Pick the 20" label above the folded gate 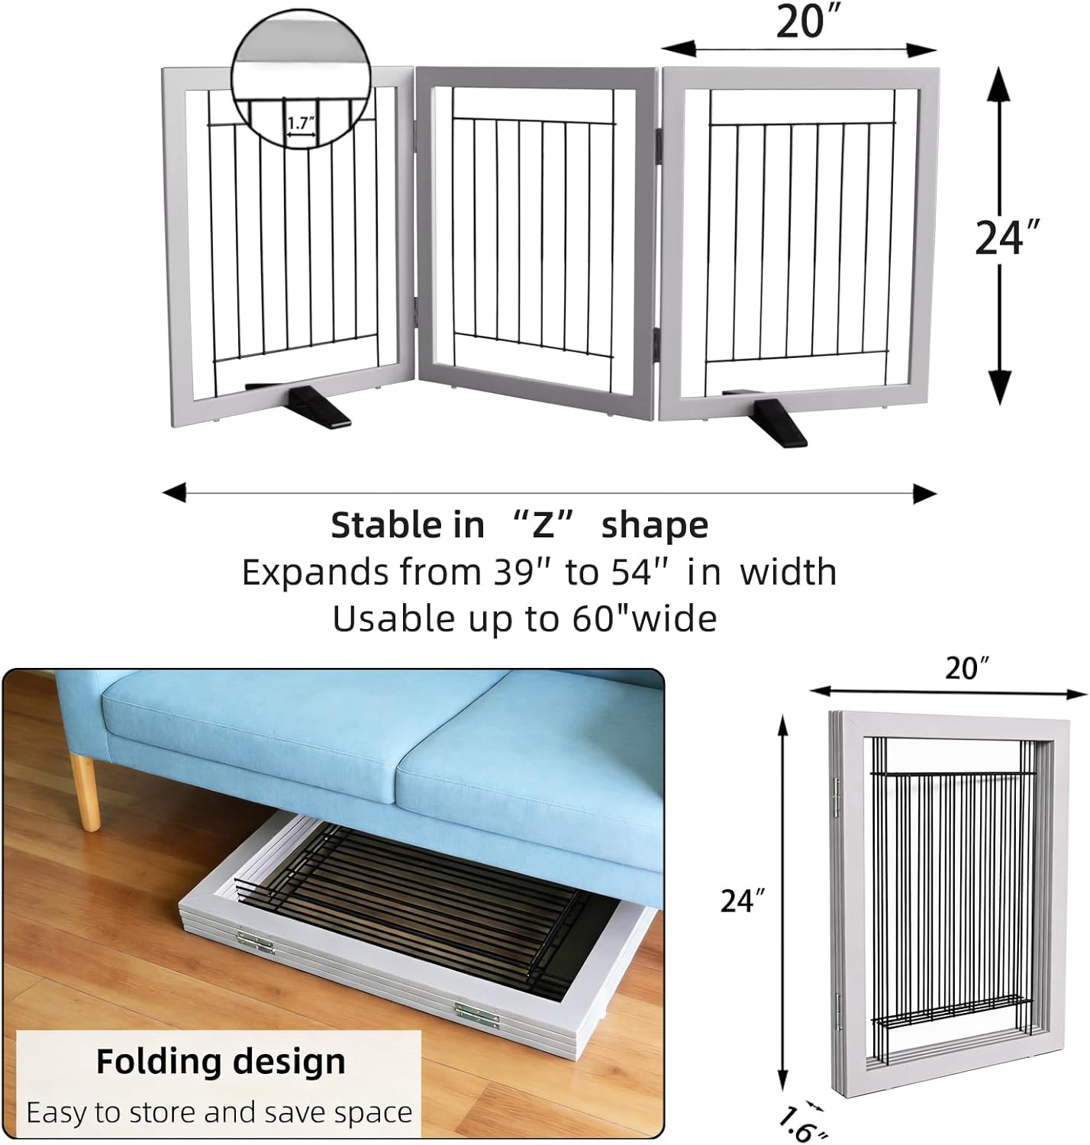(966, 669)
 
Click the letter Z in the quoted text (543, 525)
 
